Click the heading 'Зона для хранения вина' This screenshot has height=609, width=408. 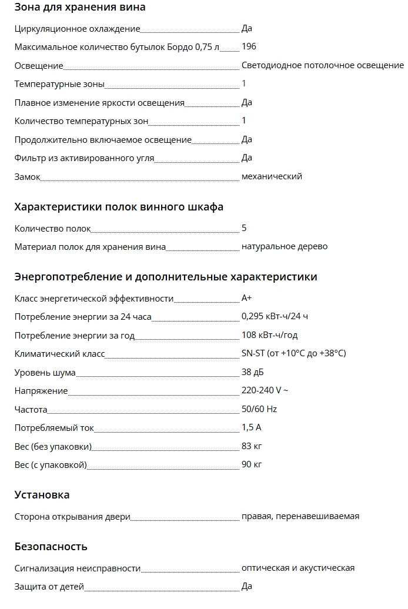point(80,8)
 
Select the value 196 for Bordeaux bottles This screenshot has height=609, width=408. point(249,47)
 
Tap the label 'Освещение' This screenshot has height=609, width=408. point(39,66)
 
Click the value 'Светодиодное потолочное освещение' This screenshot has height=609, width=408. point(322,65)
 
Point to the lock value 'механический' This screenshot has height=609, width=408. point(272,176)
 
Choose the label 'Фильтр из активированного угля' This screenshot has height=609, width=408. point(84,158)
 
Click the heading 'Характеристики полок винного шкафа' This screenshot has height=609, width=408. point(119,207)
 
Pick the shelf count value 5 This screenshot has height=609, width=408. point(244,228)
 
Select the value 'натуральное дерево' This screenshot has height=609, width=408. point(285,246)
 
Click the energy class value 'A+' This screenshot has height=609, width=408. point(247,298)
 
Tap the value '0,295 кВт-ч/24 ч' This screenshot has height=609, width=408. point(275,316)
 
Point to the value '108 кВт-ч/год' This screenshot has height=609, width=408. point(269,335)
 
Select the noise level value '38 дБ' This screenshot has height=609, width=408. point(253,372)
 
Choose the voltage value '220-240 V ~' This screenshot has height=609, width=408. point(265,390)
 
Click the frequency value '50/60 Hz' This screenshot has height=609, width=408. point(259,409)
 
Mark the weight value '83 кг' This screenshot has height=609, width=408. point(252,446)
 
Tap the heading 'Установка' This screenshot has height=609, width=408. point(42,495)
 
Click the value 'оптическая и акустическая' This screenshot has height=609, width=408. point(297,568)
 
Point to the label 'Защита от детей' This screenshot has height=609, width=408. point(49,586)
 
